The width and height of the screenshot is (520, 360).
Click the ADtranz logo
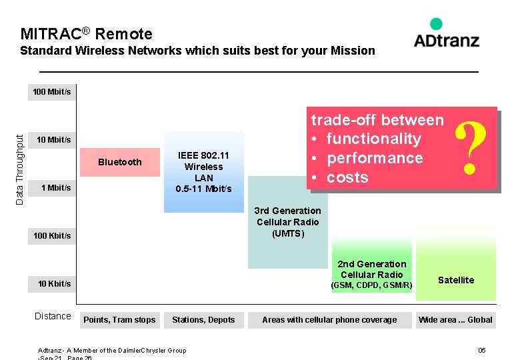[446, 33]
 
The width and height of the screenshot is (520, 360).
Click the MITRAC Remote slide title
[86, 34]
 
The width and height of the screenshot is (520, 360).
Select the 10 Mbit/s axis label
[53, 139]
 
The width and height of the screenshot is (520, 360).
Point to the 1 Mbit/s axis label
[55, 187]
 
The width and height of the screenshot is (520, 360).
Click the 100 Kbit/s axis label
[52, 235]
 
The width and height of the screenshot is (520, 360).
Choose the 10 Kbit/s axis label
[54, 283]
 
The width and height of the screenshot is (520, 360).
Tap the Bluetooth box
[120, 162]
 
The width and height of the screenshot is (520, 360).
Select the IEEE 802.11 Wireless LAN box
[203, 172]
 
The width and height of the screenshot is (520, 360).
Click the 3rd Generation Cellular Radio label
[288, 222]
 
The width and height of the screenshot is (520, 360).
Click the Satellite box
[456, 280]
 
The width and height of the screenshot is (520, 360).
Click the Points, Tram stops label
[119, 320]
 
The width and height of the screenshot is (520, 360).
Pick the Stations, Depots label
[203, 320]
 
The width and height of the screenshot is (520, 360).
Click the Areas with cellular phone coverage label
[329, 320]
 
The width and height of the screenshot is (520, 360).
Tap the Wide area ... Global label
[455, 320]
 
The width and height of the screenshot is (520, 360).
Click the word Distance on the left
[53, 316]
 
